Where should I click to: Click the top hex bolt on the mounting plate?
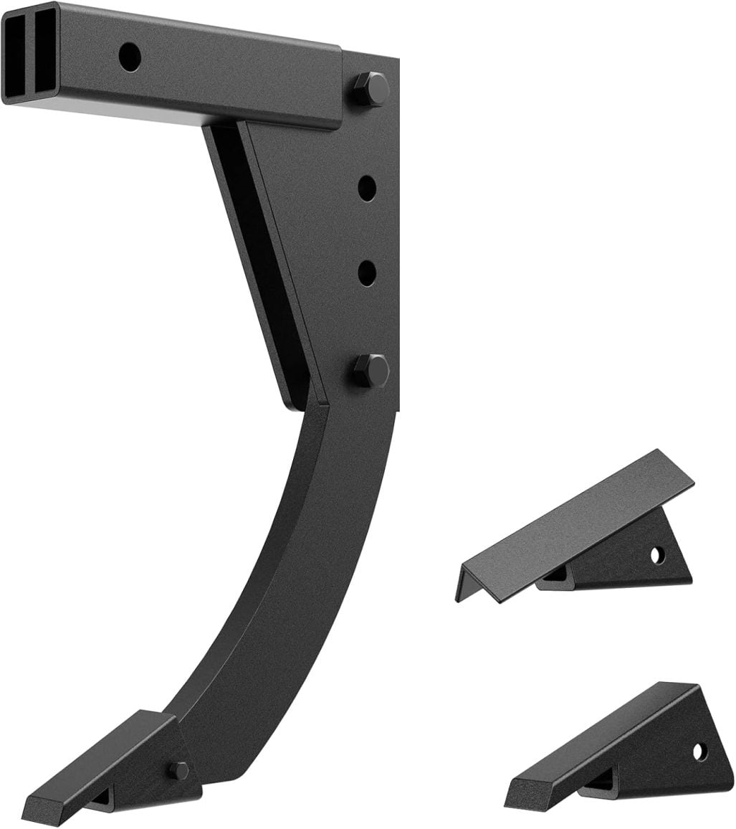pyautogui.click(x=370, y=90)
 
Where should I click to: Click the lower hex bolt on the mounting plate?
pyautogui.click(x=371, y=371)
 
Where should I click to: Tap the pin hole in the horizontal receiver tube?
pyautogui.click(x=130, y=57)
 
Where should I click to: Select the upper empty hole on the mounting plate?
pyautogui.click(x=367, y=188)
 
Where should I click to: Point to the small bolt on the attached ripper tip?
pyautogui.click(x=179, y=770)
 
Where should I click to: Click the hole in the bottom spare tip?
pyautogui.click(x=699, y=752)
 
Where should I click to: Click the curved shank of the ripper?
pyautogui.click(x=301, y=574)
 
